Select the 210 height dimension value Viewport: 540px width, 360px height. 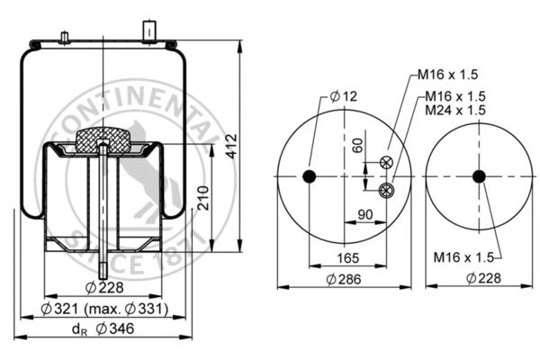point(204,195)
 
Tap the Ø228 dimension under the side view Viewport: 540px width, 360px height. point(104,288)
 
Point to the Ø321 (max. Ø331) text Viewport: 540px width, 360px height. point(104,310)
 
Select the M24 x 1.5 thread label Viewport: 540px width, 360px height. point(455,110)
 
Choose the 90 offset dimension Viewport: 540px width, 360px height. point(366,214)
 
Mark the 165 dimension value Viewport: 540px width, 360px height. point(346,257)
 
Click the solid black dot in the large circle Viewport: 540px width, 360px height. point(310,175)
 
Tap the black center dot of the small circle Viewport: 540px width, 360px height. point(478,175)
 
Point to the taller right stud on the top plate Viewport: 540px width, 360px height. point(148,30)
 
